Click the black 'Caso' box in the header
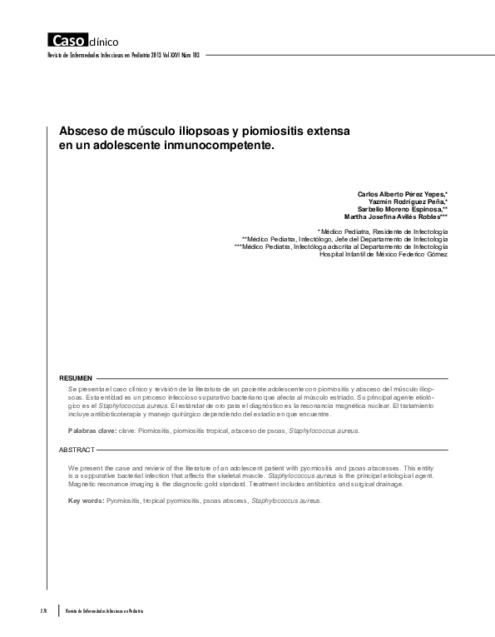(x=65, y=40)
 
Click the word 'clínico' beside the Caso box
(x=103, y=41)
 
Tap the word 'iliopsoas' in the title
(x=203, y=132)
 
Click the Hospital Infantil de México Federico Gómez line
(x=384, y=254)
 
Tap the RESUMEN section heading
(x=76, y=377)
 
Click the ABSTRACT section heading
(x=77, y=449)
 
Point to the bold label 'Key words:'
(x=87, y=500)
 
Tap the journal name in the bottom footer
(x=104, y=611)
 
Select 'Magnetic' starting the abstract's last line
(x=84, y=484)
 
